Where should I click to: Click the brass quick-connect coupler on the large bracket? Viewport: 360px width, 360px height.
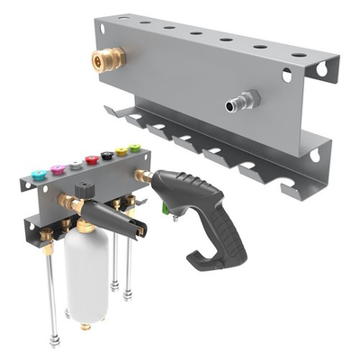point(108,60)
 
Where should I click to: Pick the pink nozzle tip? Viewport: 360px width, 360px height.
point(57,168)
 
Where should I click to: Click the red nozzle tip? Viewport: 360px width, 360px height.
point(91,161)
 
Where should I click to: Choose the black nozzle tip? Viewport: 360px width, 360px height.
point(106,156)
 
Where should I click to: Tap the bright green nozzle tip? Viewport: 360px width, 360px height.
point(135,147)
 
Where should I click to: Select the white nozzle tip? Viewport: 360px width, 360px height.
point(75,165)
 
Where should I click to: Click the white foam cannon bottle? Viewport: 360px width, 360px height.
point(85,274)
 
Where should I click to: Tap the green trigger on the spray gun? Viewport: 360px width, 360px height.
point(166,212)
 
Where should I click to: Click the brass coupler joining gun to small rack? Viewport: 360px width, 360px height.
point(141,175)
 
